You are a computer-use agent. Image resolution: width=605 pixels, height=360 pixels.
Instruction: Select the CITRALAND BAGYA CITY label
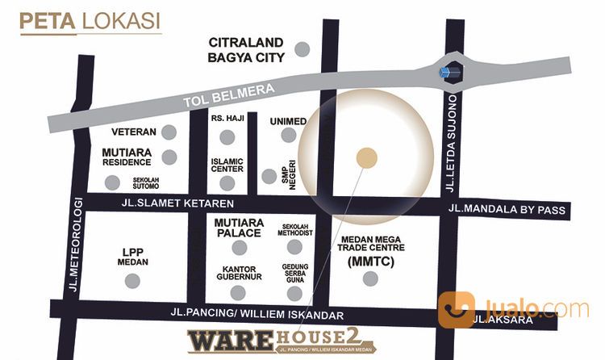coord(246,49)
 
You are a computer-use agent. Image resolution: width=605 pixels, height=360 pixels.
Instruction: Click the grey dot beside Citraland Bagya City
coord(302,49)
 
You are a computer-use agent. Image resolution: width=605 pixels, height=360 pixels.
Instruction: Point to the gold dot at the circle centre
coord(367,158)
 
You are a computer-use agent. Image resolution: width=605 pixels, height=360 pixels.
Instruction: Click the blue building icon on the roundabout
coord(449,72)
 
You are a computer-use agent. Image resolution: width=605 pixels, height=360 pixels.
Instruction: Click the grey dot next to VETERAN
coord(169,132)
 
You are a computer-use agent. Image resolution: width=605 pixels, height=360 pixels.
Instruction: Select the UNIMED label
coord(288,121)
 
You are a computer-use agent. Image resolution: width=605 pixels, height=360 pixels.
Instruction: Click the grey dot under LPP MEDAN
coord(132,281)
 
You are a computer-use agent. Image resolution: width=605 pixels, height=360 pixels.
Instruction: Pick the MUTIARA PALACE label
coord(238,227)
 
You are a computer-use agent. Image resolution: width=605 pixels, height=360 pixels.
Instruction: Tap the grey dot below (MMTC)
coord(370,279)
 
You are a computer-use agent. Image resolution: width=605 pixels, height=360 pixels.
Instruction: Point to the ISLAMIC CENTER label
coord(227,165)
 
